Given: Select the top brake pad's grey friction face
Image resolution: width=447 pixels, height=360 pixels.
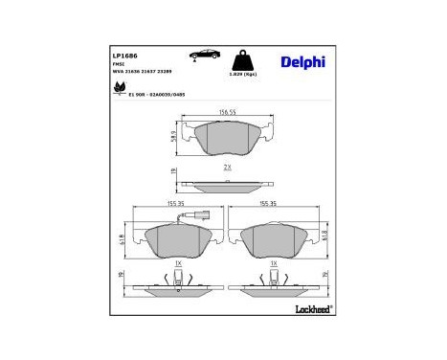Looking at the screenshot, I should click(227, 140).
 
